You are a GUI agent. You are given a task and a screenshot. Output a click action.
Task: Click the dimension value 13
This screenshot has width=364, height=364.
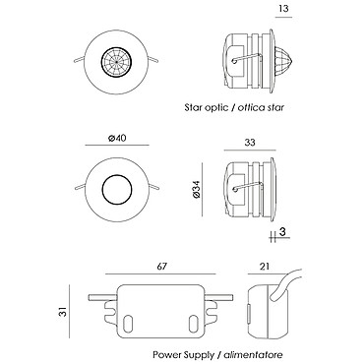click(x=283, y=8)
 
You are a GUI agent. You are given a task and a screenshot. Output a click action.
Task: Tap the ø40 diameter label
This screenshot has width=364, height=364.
click(x=117, y=138)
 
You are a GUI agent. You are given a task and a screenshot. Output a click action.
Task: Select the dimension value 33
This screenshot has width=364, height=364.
click(x=250, y=143)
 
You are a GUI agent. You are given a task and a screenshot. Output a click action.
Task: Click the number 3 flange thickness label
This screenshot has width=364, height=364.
click(x=283, y=232)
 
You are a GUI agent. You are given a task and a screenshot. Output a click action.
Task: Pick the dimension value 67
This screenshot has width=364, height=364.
click(x=161, y=267)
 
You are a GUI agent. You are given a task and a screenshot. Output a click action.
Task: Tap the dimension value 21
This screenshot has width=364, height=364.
click(x=264, y=267)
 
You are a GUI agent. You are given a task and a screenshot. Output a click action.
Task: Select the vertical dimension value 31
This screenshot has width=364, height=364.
click(x=64, y=311)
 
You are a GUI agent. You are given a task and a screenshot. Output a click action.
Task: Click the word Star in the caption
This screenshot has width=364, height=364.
click(x=192, y=107)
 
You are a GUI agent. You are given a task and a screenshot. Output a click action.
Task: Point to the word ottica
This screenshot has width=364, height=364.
click(x=251, y=107)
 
